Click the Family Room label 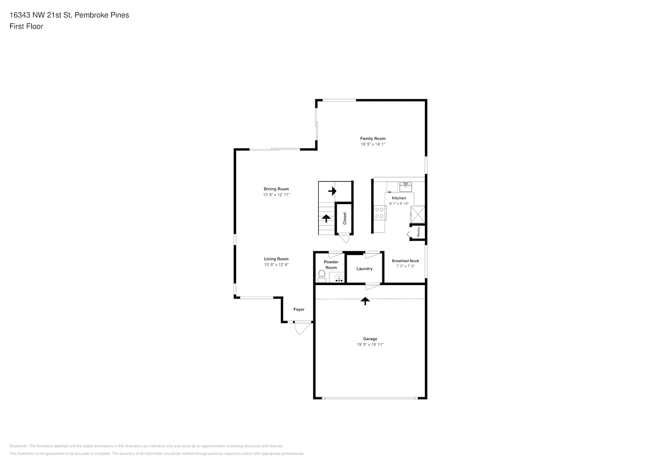click(x=373, y=139)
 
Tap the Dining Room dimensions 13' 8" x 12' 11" click(x=276, y=195)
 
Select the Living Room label click(x=276, y=259)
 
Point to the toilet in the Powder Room click(x=322, y=276)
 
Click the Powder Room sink click(x=339, y=278)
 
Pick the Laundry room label click(x=365, y=269)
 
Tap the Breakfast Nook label click(x=405, y=261)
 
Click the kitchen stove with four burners click(x=380, y=213)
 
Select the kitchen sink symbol click(x=406, y=187)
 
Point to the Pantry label click(x=418, y=232)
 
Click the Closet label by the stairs click(x=345, y=219)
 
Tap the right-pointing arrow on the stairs click(x=332, y=191)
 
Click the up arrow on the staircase click(x=326, y=219)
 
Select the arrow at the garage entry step click(x=365, y=301)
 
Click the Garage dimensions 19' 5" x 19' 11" click(x=370, y=344)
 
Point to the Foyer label click(x=299, y=309)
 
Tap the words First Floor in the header click(x=26, y=26)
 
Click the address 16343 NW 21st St click(x=40, y=15)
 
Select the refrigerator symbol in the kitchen click(x=418, y=214)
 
